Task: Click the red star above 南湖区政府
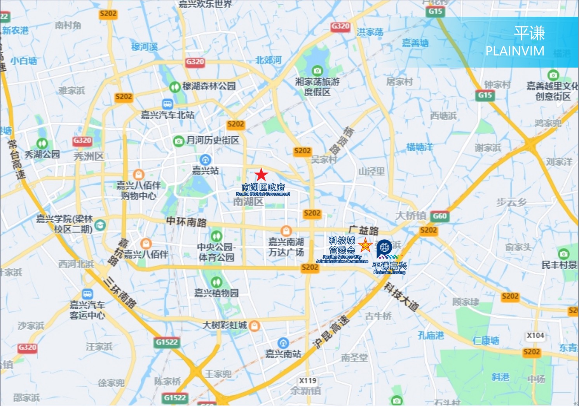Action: [x=262, y=174]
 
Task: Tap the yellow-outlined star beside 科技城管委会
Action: [x=365, y=246]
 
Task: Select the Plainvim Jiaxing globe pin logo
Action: [x=384, y=247]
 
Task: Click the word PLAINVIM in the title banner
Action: [x=514, y=51]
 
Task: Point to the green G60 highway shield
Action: [x=439, y=216]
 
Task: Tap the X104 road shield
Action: [x=535, y=336]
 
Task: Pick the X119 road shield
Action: [x=308, y=381]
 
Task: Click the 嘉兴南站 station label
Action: [x=283, y=353]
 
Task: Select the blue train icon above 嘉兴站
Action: [x=205, y=159]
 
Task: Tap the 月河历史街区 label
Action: [x=213, y=140]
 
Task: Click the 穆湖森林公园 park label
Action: [x=209, y=86]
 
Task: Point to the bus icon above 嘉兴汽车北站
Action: [x=167, y=104]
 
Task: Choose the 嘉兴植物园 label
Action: [x=216, y=293]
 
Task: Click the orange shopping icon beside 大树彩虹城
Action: [x=254, y=325]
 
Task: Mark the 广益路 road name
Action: [x=363, y=230]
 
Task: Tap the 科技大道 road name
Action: [x=401, y=297]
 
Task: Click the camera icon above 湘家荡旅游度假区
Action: [x=317, y=71]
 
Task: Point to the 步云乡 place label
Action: [x=511, y=202]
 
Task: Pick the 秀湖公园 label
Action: [x=42, y=154]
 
